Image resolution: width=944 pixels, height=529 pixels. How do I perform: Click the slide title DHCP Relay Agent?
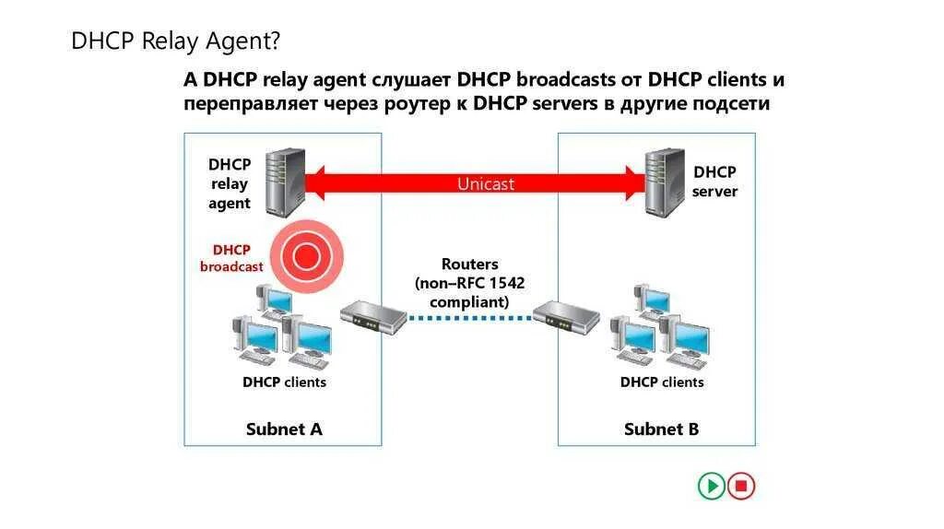click(x=175, y=41)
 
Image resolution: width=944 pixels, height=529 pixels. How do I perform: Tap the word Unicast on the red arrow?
click(x=486, y=183)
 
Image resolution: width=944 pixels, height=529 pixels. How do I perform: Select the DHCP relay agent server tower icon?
click(x=284, y=182)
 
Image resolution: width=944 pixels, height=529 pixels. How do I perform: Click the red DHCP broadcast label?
click(x=231, y=258)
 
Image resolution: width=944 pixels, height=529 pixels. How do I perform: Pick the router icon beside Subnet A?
click(x=374, y=317)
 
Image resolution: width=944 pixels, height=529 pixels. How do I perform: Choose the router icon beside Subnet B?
click(x=566, y=317)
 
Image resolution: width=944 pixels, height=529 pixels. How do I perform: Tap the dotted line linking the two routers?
click(x=470, y=318)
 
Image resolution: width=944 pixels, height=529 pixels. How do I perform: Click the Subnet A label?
click(x=284, y=429)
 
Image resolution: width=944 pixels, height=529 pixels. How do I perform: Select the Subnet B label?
click(x=661, y=429)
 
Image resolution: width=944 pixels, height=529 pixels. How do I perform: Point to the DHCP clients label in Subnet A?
click(x=284, y=382)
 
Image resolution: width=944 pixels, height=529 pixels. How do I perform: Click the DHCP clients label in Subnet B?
click(x=661, y=382)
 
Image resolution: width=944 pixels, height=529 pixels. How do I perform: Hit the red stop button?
click(x=740, y=486)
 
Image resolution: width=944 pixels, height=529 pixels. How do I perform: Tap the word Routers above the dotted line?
click(x=469, y=264)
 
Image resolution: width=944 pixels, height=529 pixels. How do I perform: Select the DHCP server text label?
click(x=714, y=182)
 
